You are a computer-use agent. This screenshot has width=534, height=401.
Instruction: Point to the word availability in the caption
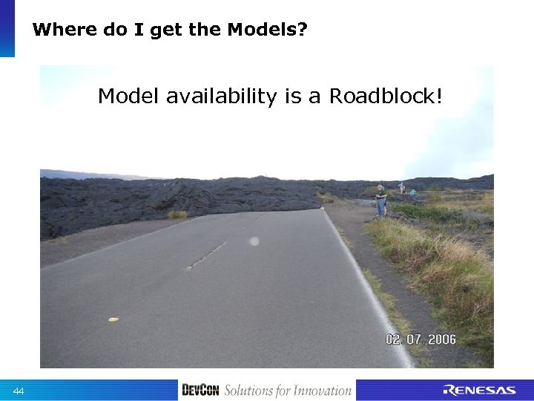click(x=222, y=97)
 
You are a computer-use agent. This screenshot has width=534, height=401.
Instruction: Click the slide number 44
click(x=19, y=391)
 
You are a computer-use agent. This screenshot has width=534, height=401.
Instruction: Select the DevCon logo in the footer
click(x=200, y=391)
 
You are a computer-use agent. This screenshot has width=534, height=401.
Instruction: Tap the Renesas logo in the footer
click(x=479, y=391)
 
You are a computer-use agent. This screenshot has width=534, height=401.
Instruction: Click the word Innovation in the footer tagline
click(x=320, y=391)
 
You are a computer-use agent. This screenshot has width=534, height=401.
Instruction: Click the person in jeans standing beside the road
click(x=380, y=200)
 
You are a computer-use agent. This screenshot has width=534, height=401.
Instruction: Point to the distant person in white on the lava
click(x=401, y=187)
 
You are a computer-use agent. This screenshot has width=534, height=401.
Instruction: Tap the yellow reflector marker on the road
click(x=113, y=319)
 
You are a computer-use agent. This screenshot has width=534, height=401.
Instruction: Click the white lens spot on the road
click(x=254, y=241)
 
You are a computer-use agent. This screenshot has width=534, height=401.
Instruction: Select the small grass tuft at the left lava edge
click(x=177, y=215)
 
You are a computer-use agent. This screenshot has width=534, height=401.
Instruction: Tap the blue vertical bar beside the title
click(x=7, y=28)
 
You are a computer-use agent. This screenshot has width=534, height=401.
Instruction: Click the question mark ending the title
click(x=303, y=30)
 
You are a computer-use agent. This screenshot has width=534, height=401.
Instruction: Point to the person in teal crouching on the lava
click(x=412, y=192)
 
